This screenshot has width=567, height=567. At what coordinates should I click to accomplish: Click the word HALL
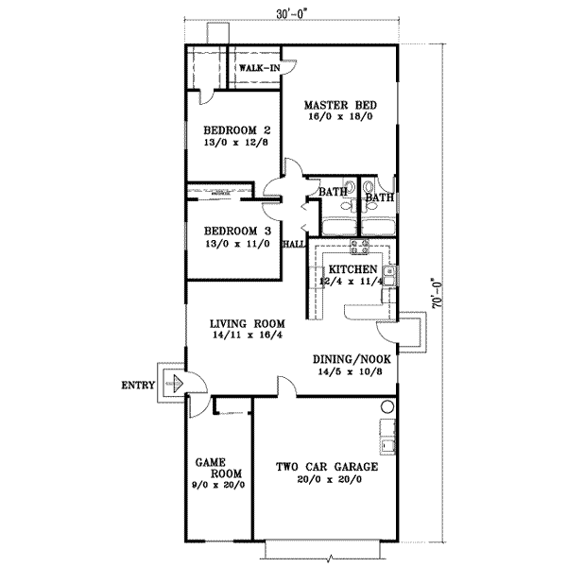click(x=294, y=244)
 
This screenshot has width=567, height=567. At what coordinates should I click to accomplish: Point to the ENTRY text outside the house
click(x=139, y=385)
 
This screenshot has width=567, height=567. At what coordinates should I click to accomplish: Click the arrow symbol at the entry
click(x=175, y=384)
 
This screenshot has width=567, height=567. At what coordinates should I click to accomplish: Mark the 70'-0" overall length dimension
click(x=437, y=293)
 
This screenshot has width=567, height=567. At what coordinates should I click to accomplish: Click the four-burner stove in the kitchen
click(x=360, y=249)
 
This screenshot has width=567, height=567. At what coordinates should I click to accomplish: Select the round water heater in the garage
click(x=387, y=407)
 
